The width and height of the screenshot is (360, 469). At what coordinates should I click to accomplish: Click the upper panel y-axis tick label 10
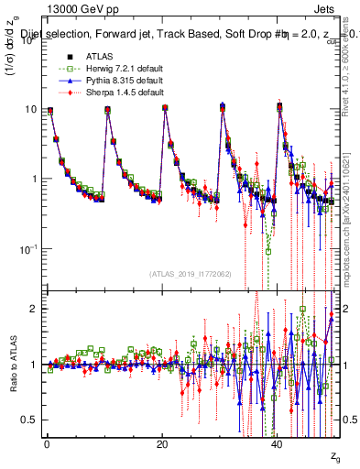coord(29,109)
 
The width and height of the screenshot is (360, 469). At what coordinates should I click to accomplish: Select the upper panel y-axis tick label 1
coord(33,180)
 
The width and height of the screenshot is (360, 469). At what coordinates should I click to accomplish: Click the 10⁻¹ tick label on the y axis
coord(27,249)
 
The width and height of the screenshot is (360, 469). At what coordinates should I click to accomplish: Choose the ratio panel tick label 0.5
coord(29,420)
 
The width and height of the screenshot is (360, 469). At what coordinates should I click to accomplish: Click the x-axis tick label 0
coord(47,443)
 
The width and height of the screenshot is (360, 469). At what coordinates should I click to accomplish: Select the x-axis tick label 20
coord(162,443)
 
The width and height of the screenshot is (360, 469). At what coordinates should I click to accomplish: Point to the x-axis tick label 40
coord(278,443)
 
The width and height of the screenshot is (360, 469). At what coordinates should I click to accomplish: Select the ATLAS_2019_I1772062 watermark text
coord(190,274)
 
